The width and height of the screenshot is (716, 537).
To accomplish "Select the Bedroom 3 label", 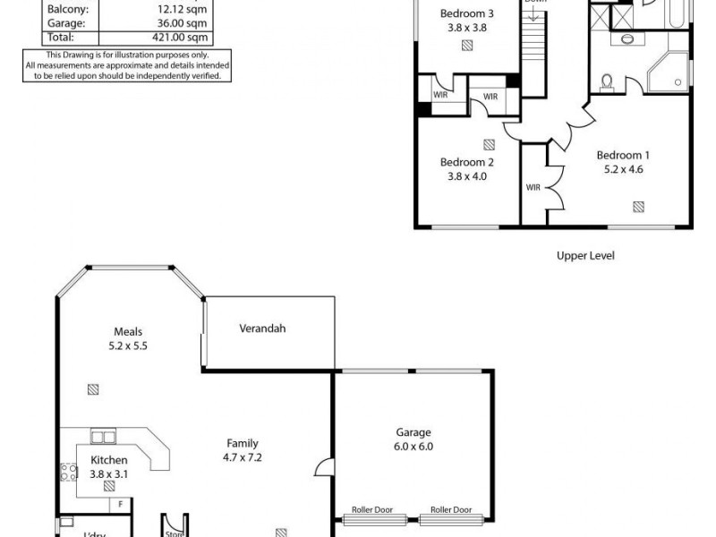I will click(x=467, y=13).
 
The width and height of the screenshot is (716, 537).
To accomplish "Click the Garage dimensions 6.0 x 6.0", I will click(x=413, y=446).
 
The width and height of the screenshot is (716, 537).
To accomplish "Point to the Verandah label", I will click(x=262, y=328).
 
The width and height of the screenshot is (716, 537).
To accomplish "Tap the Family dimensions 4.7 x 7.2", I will click(x=242, y=456).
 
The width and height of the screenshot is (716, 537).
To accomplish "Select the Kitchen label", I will click(x=109, y=460).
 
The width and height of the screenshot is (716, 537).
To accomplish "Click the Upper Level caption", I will click(x=585, y=256).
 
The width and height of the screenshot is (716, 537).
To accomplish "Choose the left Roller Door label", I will click(x=372, y=510).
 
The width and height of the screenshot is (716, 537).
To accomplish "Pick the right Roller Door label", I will click(x=450, y=510).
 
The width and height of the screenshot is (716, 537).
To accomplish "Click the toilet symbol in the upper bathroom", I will click(x=608, y=81).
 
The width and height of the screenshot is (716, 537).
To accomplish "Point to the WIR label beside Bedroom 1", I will click(x=533, y=187).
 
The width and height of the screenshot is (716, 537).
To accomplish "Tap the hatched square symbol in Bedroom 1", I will click(x=638, y=207).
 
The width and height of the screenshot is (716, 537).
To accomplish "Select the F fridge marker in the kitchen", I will click(x=120, y=504).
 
